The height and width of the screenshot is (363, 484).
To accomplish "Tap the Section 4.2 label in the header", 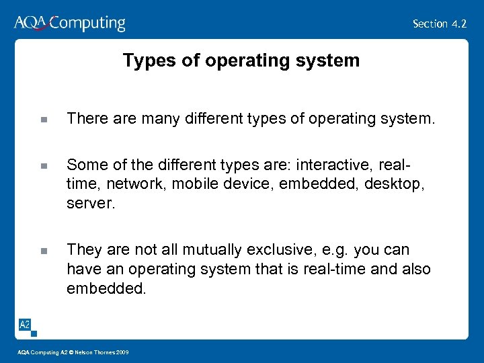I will point(440,24).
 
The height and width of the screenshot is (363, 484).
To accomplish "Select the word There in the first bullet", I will point(84,119).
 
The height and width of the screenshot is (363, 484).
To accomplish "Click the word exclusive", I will point(264,249).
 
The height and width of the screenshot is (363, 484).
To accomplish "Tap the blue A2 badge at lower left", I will point(24,325).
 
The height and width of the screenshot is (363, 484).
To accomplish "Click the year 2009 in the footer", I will point(121,352).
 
